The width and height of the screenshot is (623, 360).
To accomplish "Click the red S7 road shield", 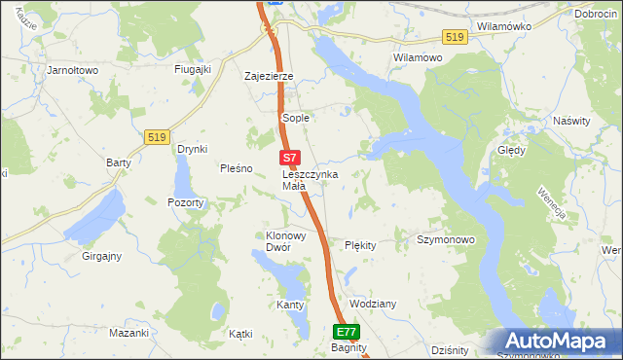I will point(289,157).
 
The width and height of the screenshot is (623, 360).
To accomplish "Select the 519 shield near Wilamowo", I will point(454,37).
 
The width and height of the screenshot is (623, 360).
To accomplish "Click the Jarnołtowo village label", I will point(74,70).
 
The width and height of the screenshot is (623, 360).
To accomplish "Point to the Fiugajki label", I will point(193,69).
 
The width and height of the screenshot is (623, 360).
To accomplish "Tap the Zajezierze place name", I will point(269,75).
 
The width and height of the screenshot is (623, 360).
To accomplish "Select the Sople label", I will point(295,118).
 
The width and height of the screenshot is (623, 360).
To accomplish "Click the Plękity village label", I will point(360,245).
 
